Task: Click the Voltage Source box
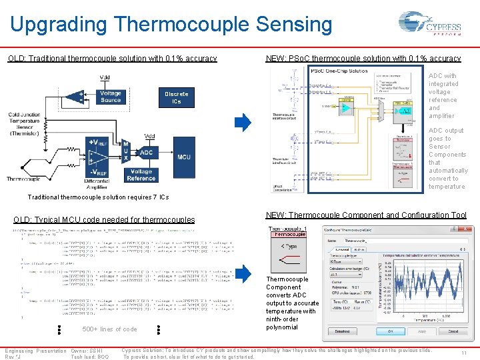[111, 97]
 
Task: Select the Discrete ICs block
[177, 97]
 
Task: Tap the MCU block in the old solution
[184, 157]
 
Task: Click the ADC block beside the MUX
[146, 153]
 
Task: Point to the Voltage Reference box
[141, 175]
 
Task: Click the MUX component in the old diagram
[125, 152]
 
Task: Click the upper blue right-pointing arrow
[243, 122]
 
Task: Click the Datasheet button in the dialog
[341, 331]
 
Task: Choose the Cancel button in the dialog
[453, 331]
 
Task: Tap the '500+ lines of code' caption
[109, 329]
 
